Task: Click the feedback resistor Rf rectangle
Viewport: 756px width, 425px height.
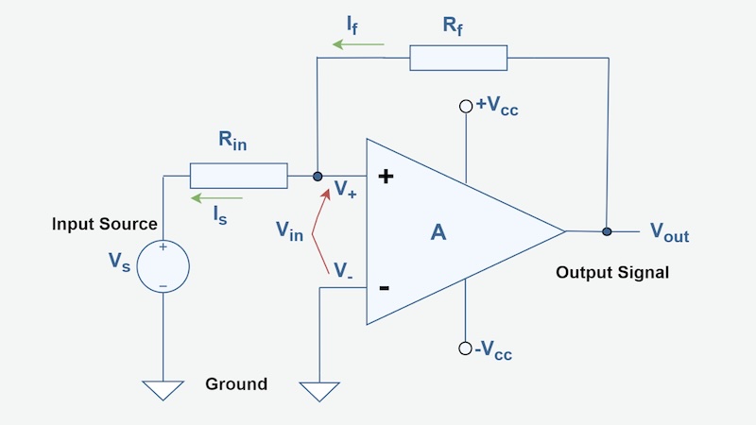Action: pyautogui.click(x=458, y=58)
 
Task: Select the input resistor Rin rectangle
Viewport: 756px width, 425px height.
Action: pyautogui.click(x=238, y=176)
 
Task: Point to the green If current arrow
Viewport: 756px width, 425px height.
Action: pyautogui.click(x=357, y=43)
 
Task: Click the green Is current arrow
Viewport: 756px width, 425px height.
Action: pyautogui.click(x=216, y=198)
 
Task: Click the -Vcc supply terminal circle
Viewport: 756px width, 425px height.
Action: pyautogui.click(x=465, y=348)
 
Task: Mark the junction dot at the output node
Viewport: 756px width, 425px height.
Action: pyautogui.click(x=607, y=230)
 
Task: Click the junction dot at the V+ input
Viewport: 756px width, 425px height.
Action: pyautogui.click(x=318, y=176)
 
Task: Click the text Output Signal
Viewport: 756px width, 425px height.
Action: pyautogui.click(x=612, y=273)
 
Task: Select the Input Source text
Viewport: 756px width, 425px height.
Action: pyautogui.click(x=104, y=224)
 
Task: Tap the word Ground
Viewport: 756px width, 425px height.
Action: pyautogui.click(x=236, y=384)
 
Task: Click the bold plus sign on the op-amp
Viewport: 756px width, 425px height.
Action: pyautogui.click(x=386, y=177)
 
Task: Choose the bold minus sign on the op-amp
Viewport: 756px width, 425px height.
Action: pyautogui.click(x=385, y=288)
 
